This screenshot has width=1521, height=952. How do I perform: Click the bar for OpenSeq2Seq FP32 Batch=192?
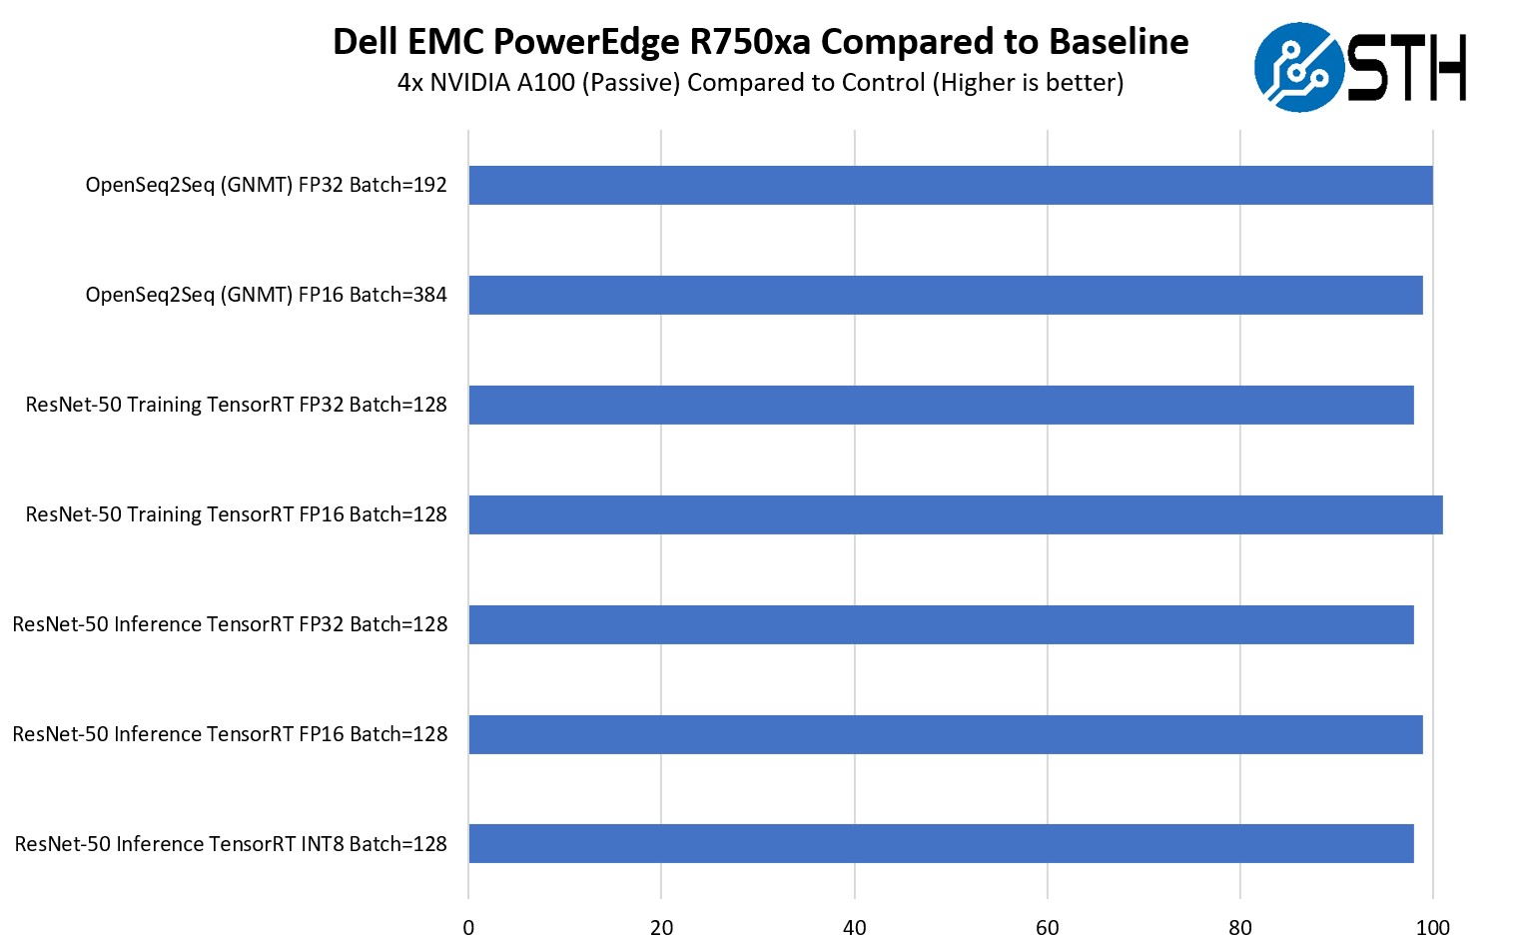pos(950,185)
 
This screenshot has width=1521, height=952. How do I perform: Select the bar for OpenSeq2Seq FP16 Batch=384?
pos(945,295)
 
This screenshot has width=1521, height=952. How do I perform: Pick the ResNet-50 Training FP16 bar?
pos(955,514)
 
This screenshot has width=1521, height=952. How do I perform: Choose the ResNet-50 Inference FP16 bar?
pos(945,734)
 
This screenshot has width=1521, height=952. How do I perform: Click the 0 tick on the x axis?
pos(468,928)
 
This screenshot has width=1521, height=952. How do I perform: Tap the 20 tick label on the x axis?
pos(661,928)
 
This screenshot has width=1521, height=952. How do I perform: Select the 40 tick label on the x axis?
pos(854,928)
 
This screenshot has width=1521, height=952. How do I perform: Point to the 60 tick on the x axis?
pos(1047,928)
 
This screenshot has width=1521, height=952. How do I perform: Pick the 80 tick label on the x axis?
pos(1239,928)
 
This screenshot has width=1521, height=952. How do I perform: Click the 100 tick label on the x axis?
pos(1432,928)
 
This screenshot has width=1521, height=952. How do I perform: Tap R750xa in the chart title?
pos(749,42)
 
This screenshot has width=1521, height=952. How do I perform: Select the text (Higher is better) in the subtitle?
pos(1028,83)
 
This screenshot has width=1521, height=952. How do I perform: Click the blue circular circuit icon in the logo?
pos(1298,67)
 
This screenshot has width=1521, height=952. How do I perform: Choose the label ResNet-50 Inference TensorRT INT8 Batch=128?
pos(231,844)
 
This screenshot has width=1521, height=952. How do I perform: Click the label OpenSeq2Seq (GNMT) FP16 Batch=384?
pos(266,295)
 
